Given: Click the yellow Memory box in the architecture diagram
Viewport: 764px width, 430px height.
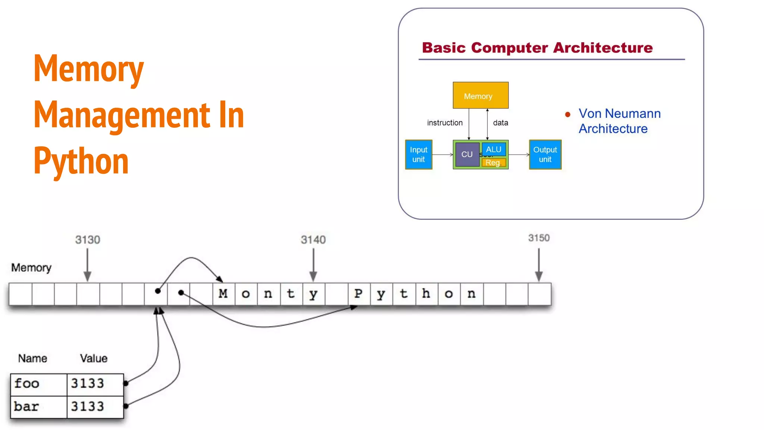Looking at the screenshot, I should pyautogui.click(x=480, y=95).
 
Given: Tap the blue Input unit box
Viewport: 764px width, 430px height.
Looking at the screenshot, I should pyautogui.click(x=419, y=155).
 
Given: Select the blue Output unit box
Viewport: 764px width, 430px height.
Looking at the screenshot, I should pyautogui.click(x=545, y=155).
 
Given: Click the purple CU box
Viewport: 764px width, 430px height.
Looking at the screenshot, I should pyautogui.click(x=467, y=155).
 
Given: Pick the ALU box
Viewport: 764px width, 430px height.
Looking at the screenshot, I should pyautogui.click(x=494, y=149).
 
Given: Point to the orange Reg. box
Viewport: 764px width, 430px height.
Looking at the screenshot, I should pyautogui.click(x=493, y=163).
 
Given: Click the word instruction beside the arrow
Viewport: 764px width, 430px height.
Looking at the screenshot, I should pyautogui.click(x=445, y=123).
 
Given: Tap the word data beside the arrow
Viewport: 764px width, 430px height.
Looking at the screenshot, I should pyautogui.click(x=500, y=123).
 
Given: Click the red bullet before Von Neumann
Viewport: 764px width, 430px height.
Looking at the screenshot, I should pyautogui.click(x=568, y=115).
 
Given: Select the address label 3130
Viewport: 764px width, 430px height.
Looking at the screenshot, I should pyautogui.click(x=88, y=240).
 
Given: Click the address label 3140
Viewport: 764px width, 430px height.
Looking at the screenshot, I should pyautogui.click(x=313, y=240).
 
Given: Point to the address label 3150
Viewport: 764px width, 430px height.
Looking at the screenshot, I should pyautogui.click(x=539, y=238).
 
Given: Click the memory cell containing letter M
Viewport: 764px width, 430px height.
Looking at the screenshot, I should pyautogui.click(x=223, y=294).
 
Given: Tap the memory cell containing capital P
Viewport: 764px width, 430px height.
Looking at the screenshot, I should pyautogui.click(x=358, y=294).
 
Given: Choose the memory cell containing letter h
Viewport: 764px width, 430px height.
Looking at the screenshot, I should pyautogui.click(x=426, y=294).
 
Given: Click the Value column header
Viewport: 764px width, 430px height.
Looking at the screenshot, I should pyautogui.click(x=94, y=358).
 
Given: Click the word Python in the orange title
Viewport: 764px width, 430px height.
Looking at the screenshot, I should pyautogui.click(x=81, y=161).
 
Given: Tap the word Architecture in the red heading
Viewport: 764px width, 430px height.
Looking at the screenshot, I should pyautogui.click(x=603, y=48).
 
